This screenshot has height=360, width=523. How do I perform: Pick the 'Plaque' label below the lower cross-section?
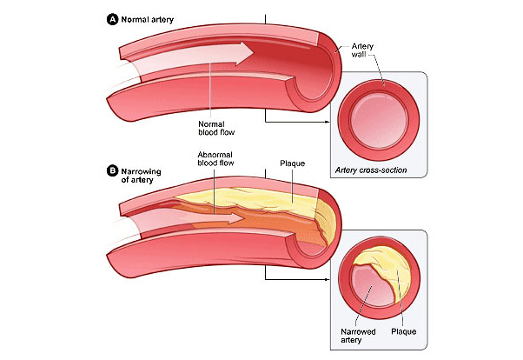[x=405, y=330]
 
